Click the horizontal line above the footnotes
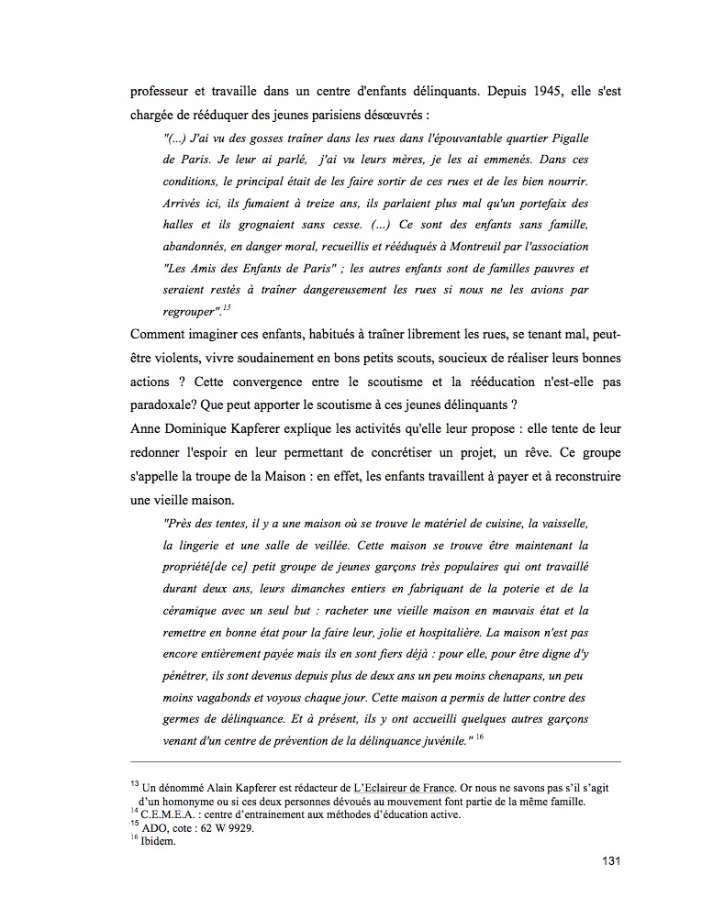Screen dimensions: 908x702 (x=376, y=761)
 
